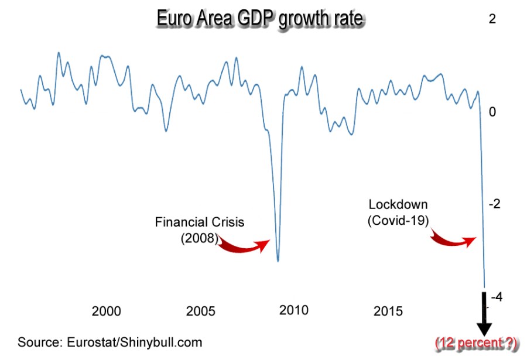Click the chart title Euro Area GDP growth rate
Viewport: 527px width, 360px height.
[x=260, y=19]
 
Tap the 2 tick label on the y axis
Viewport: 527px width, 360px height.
[x=492, y=19]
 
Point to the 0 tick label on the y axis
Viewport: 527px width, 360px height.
[x=492, y=111]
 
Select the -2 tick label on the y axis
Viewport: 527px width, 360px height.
[x=495, y=204]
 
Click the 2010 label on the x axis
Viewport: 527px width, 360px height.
[x=293, y=310]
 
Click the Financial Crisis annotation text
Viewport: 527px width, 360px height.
[x=199, y=222]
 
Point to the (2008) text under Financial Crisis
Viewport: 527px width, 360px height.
[x=199, y=238]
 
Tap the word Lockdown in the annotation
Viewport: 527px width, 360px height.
[x=398, y=205]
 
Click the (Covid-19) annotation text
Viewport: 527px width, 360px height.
[x=398, y=221]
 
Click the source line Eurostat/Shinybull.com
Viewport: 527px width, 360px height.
[x=109, y=342]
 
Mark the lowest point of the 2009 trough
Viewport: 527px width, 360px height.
[x=278, y=261]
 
